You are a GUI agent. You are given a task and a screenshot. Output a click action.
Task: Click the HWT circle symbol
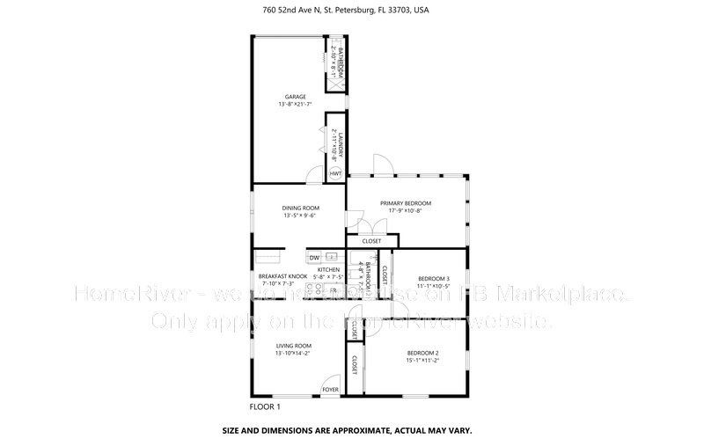335,174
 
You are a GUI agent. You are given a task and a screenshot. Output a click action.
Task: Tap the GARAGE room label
295,97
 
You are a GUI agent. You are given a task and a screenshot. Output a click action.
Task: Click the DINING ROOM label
299,208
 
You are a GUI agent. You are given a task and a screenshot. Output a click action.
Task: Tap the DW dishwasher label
313,257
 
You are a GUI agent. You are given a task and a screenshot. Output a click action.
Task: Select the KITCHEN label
328,270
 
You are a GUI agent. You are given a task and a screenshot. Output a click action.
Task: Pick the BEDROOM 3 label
433,278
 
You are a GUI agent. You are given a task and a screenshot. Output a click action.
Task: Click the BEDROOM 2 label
422,353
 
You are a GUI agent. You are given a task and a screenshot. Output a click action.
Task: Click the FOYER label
330,388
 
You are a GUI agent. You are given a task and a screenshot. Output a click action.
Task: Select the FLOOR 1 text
265,407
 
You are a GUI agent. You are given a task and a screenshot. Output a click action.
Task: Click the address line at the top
352,11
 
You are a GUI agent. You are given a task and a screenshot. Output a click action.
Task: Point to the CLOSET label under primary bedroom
371,241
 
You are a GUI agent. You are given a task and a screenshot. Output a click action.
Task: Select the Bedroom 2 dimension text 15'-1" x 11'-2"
422,361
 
